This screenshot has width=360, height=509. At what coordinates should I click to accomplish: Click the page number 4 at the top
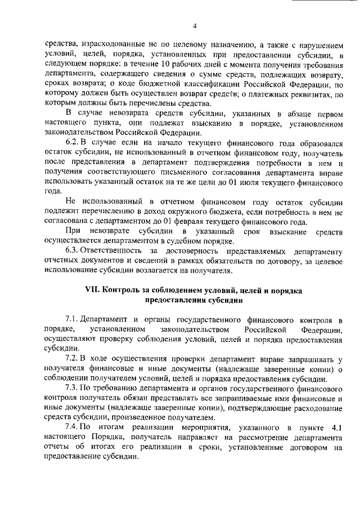point(194,25)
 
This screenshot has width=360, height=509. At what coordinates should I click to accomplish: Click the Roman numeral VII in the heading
point(92,290)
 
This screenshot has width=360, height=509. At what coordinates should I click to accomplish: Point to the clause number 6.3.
point(72,250)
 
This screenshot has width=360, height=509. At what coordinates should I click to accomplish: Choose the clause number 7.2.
point(72,359)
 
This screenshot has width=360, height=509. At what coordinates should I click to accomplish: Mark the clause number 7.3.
point(72,389)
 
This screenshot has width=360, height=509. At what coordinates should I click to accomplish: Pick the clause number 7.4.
point(72,428)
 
